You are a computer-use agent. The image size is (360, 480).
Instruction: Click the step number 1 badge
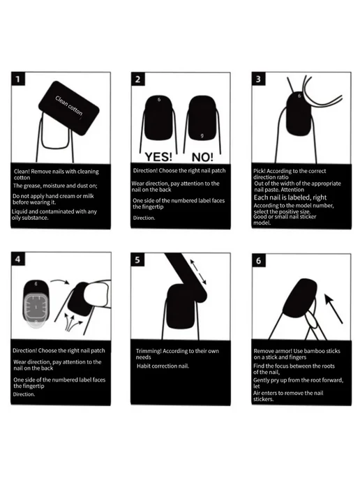point(17,79)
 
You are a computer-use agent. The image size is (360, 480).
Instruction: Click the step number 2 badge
point(137,80)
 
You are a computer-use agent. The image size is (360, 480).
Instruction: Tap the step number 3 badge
point(258,79)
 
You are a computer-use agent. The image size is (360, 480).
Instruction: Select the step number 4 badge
point(17,260)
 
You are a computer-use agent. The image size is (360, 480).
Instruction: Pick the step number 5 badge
point(137,260)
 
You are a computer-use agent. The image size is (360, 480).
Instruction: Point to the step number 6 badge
point(259,260)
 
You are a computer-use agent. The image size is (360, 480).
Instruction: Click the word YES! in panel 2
point(158,157)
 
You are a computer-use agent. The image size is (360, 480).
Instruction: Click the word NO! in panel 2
point(202,158)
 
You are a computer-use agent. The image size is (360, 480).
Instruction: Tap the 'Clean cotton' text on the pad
point(69,106)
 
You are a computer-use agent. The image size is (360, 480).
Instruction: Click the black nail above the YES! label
point(159,118)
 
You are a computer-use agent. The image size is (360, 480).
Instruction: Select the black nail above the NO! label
point(202,118)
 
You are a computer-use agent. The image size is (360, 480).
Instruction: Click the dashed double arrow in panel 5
point(198,272)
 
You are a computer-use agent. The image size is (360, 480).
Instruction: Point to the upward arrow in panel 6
point(333,308)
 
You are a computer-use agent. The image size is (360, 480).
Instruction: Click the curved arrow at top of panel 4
point(60,281)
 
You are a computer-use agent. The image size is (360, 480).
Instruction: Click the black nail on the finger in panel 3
point(299,114)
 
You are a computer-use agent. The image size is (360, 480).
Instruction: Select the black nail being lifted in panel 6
point(300,298)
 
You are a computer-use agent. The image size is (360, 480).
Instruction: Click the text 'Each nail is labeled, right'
point(290,197)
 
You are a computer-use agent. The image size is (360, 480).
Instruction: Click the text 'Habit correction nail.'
point(163,366)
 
